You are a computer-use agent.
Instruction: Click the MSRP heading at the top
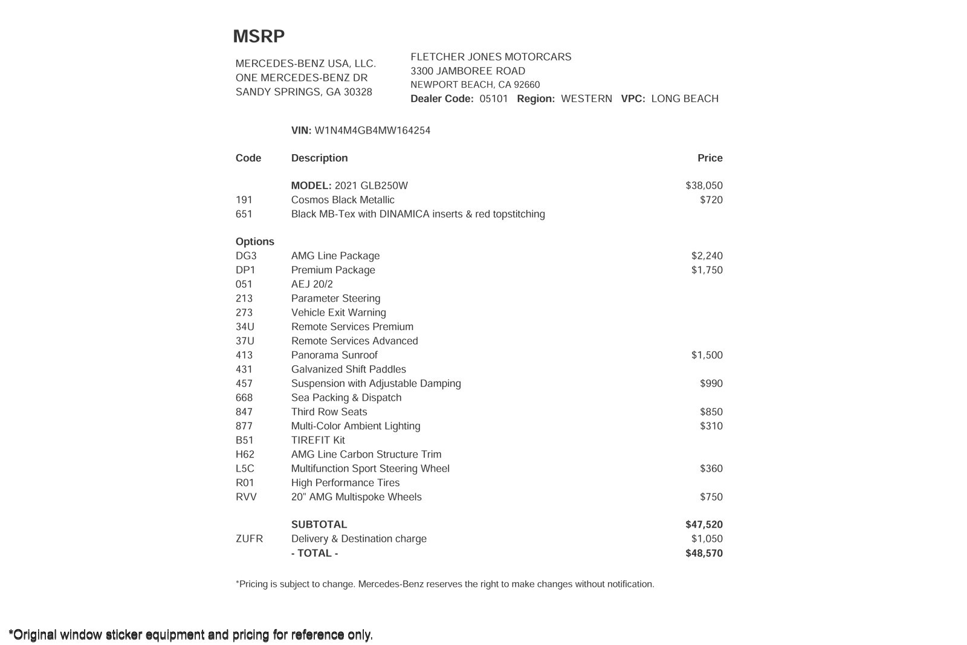point(259,36)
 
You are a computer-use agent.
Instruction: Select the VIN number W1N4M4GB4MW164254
point(372,131)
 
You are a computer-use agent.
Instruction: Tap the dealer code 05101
point(493,99)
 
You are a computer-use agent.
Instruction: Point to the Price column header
point(710,158)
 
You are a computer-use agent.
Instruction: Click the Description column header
point(319,158)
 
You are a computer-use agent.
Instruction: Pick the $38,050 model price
point(703,186)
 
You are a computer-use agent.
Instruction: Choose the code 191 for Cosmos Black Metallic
point(244,200)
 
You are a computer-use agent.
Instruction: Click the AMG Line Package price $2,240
point(707,256)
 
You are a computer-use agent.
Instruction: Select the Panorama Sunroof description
point(334,355)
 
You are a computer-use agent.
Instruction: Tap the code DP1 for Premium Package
point(245,270)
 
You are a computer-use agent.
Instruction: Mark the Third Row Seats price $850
point(711,412)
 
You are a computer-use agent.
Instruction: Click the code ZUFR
point(249,539)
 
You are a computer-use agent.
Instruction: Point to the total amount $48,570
point(703,553)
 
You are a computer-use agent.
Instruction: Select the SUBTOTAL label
point(319,525)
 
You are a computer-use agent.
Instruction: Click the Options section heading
point(254,242)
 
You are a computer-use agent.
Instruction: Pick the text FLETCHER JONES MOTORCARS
point(491,57)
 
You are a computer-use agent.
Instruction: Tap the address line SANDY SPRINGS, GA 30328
point(303,92)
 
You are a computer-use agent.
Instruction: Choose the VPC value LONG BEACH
point(684,99)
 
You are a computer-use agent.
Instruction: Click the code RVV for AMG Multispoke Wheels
point(246,497)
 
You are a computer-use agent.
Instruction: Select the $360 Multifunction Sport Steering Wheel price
point(711,468)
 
